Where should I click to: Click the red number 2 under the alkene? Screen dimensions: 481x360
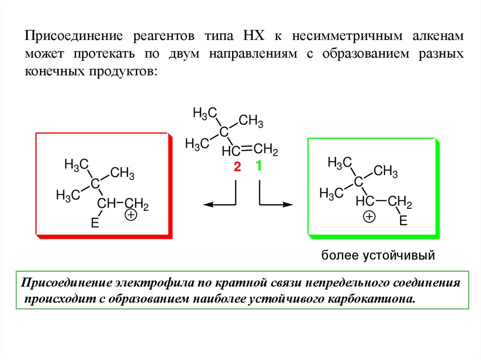tap(237, 167)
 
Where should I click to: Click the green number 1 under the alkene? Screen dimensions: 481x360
tap(258, 166)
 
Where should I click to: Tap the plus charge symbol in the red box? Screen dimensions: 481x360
tap(131, 215)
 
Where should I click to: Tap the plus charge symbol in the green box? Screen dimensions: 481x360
tap(370, 217)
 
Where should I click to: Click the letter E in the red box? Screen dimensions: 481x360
tap(94, 224)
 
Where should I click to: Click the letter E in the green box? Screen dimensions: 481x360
tap(403, 221)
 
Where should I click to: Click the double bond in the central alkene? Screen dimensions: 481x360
tap(247, 150)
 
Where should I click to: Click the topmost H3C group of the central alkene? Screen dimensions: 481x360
tap(205, 113)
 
